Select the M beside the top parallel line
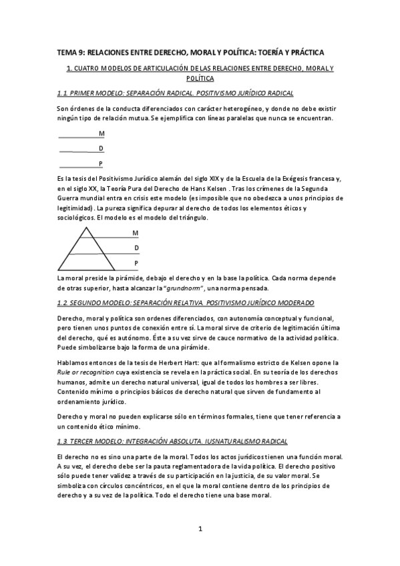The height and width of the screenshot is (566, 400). pyautogui.click(x=102, y=133)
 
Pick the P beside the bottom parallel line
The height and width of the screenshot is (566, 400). pyautogui.click(x=101, y=163)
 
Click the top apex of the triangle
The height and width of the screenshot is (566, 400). pyautogui.click(x=85, y=228)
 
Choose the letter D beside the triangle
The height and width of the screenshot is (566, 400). pyautogui.click(x=136, y=248)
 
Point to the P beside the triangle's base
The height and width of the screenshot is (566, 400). pyautogui.click(x=136, y=264)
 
